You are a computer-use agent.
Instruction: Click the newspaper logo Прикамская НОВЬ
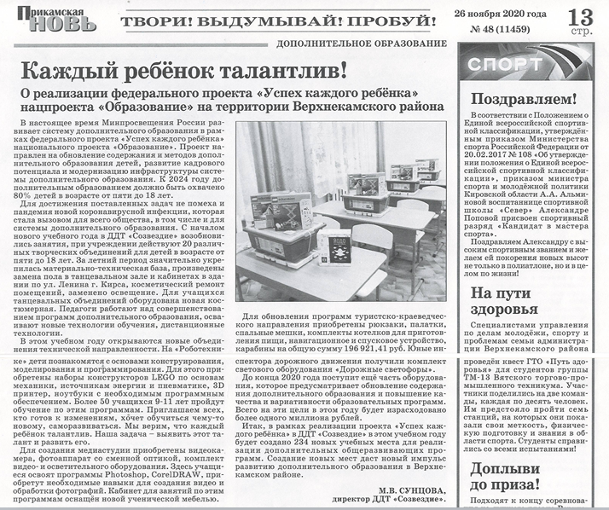[x=49, y=19]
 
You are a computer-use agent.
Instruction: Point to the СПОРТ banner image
[x=532, y=65]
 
